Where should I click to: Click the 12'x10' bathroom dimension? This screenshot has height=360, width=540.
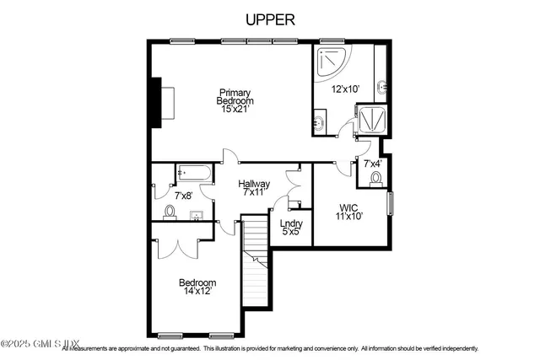pos(344,89)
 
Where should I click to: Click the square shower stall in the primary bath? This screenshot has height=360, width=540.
pos(370,121)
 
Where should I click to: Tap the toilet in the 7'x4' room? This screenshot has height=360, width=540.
pos(376,178)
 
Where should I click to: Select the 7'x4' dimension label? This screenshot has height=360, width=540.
pos(373,164)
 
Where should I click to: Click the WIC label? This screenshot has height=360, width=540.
pos(349,207)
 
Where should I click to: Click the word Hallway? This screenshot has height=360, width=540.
pos(253,184)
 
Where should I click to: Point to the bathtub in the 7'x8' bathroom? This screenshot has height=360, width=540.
pos(193,173)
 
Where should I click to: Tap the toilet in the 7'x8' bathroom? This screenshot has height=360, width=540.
pos(170,211)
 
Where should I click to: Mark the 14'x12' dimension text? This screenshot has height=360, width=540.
pos(197,292)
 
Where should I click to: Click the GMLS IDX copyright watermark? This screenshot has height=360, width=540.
pos(40,344)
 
